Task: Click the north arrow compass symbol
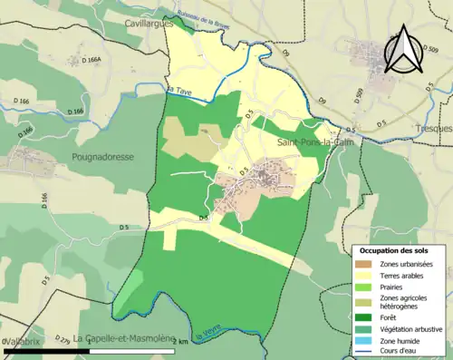403,50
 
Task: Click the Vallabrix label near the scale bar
22,341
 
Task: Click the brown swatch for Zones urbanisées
365,264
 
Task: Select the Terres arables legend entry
401,276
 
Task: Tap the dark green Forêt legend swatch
365,316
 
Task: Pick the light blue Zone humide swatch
365,341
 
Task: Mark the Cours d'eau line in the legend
365,353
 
